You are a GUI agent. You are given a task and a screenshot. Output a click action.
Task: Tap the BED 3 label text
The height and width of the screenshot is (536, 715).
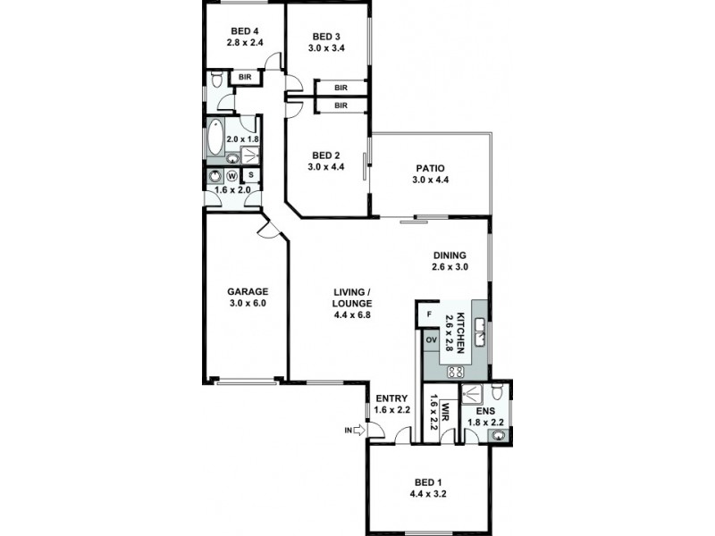point(327,37)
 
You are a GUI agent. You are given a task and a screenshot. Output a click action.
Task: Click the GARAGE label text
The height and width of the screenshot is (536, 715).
point(247,290)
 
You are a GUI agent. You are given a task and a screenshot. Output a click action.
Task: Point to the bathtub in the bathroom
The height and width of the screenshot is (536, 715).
point(215,138)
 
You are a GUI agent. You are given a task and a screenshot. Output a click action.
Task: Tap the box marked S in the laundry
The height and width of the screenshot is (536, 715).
point(250,175)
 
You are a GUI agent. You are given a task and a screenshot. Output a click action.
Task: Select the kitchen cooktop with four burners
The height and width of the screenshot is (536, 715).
point(454,372)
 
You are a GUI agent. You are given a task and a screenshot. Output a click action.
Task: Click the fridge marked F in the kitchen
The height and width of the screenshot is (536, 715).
point(430,315)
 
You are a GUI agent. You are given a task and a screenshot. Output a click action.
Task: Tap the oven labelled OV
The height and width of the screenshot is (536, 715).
point(430,340)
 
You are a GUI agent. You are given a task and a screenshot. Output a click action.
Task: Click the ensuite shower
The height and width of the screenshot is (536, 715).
point(472,393)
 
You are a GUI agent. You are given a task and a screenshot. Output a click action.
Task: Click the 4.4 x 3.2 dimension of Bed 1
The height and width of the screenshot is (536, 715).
point(428,493)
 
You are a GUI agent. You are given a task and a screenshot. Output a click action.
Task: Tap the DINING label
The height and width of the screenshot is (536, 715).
point(450,255)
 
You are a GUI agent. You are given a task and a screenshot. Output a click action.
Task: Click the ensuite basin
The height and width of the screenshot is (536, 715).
point(499,435)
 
